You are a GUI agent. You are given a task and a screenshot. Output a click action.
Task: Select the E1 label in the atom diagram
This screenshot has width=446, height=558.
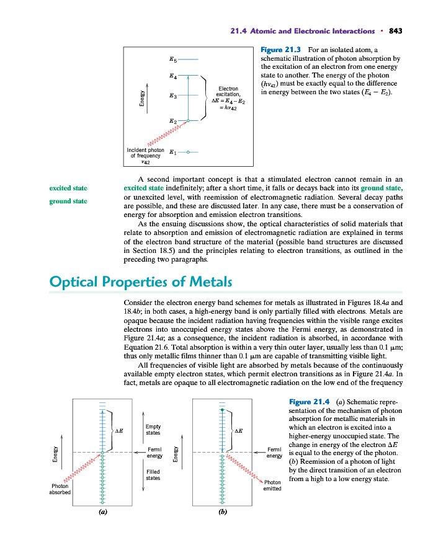pyautogui.click(x=173, y=151)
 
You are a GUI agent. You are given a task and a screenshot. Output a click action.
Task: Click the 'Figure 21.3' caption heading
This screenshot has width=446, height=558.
pyautogui.click(x=280, y=48)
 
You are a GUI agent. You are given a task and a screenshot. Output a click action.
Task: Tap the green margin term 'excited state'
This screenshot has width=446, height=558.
pyautogui.click(x=68, y=188)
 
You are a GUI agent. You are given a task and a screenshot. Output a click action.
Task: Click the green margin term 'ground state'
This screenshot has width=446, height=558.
pyautogui.click(x=68, y=201)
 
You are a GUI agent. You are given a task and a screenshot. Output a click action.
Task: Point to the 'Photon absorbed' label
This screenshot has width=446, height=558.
pyautogui.click(x=61, y=488)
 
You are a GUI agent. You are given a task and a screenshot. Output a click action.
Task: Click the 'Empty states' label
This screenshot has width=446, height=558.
pyautogui.click(x=153, y=429)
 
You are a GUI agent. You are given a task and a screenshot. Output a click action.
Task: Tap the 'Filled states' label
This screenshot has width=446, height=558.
pyautogui.click(x=153, y=474)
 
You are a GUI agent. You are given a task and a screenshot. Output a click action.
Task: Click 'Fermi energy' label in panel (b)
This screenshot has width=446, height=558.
pyautogui.click(x=274, y=453)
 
